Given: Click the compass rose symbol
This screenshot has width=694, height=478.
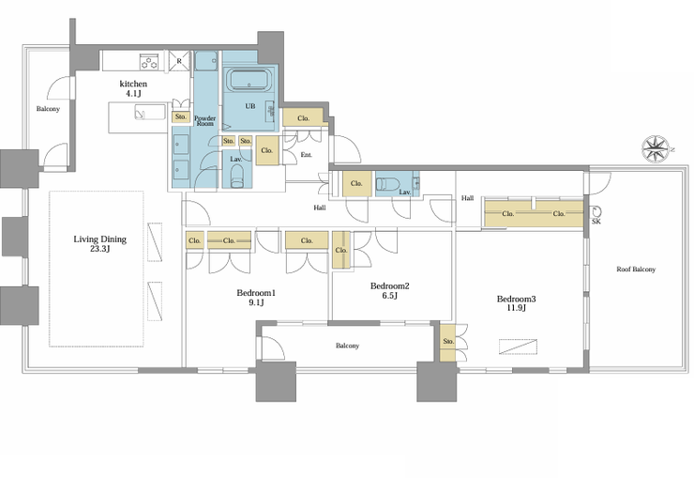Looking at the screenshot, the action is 656,149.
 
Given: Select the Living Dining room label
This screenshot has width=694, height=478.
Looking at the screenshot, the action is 100,243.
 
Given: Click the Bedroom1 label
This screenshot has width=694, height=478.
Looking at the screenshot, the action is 256,298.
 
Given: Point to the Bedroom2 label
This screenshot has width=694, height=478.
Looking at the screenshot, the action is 389,290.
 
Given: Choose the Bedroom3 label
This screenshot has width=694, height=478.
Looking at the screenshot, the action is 516,303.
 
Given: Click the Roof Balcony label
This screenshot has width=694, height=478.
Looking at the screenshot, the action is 636,269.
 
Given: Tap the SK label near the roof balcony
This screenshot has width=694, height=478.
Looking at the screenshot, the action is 596,222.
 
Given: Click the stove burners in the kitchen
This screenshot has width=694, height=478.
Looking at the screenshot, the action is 149,62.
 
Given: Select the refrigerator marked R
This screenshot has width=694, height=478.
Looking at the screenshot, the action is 179,61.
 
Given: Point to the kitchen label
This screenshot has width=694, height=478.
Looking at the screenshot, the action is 133,87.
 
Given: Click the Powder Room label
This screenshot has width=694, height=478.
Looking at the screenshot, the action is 205,120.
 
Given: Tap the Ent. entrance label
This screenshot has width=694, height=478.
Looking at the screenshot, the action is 307,155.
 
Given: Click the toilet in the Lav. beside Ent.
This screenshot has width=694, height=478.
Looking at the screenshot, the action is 237,176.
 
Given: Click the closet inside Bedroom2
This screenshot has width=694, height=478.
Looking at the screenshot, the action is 340,250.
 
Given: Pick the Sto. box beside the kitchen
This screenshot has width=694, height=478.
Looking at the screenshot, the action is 181,117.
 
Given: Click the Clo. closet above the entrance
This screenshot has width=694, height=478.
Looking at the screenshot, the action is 303,117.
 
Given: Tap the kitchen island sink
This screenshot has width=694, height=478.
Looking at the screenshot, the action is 150,113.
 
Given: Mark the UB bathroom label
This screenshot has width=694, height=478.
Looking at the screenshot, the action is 250,106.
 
